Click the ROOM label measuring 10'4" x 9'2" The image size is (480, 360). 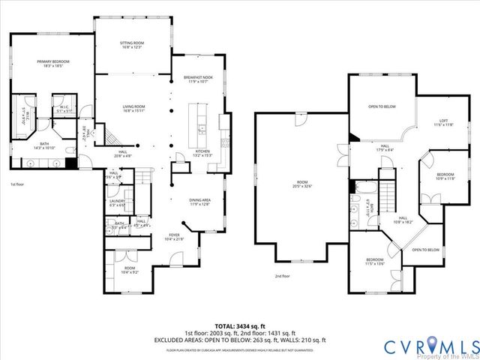coord(129,269)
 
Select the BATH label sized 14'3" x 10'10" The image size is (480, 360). coord(44,146)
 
